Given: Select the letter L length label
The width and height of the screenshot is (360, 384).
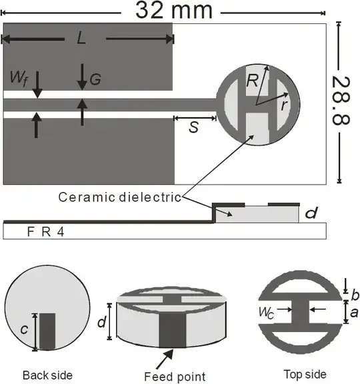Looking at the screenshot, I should click(81, 39).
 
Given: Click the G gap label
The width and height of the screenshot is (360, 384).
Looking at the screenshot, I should click(95, 80).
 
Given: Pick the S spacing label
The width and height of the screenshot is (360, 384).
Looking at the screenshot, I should click(193, 127).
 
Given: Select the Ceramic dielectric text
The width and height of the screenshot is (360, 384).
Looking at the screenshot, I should click(120, 197).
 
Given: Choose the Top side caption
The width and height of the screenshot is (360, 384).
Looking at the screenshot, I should click(305, 374).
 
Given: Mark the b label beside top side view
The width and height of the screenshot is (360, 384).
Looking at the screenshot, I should click(355, 294).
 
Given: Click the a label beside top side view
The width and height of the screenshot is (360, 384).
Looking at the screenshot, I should click(355, 311).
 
